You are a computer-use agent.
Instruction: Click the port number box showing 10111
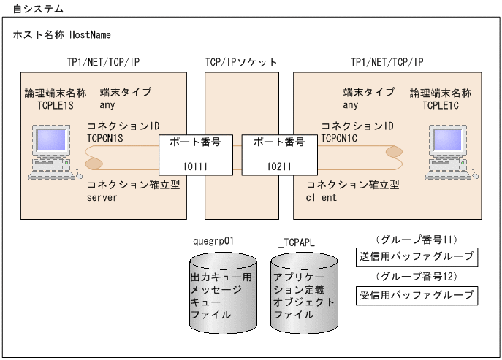(x=196, y=154)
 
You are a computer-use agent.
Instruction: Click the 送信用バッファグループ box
(x=417, y=257)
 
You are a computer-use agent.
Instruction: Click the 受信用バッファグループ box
(x=417, y=296)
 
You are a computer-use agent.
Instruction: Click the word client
(x=322, y=197)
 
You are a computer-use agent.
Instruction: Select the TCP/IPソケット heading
(x=241, y=63)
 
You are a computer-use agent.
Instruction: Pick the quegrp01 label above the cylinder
(x=213, y=240)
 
